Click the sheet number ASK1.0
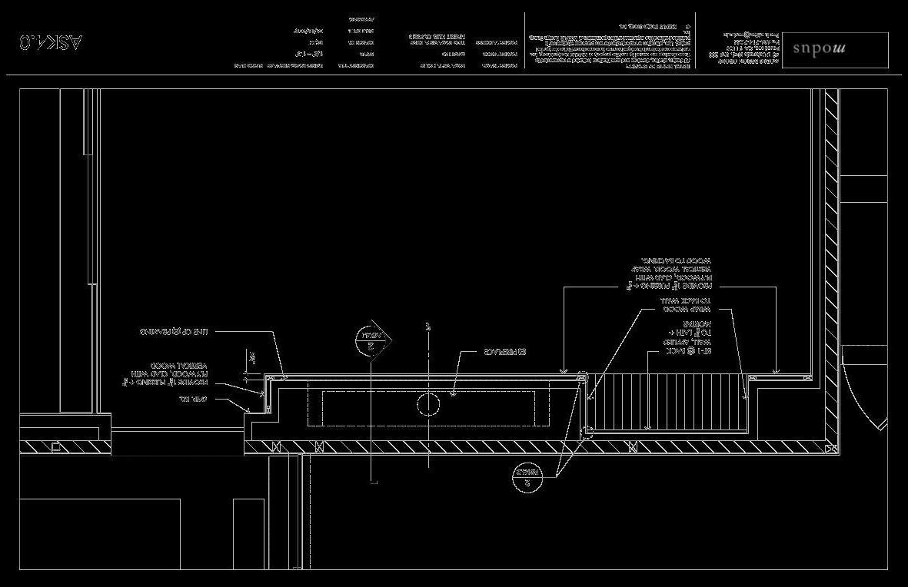click(52, 42)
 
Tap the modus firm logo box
click(834, 49)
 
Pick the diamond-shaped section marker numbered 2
click(374, 339)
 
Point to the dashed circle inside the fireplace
click(427, 403)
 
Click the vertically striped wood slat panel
click(666, 403)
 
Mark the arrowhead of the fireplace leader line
click(453, 395)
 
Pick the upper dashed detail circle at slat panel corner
click(582, 377)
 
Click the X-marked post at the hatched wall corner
click(830, 446)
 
